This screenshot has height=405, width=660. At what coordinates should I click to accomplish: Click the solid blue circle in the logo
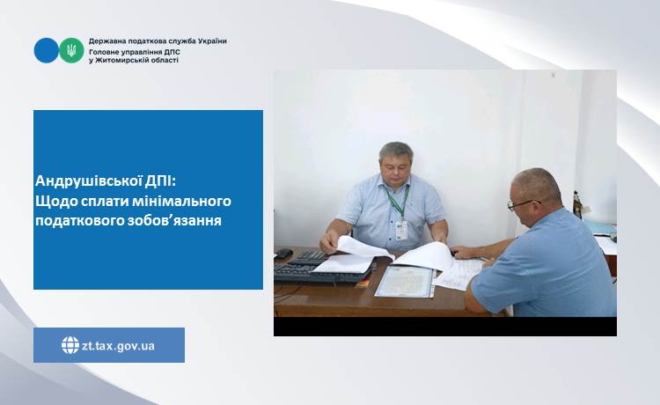tap(47, 50)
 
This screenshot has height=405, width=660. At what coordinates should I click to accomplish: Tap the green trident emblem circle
tap(71, 50)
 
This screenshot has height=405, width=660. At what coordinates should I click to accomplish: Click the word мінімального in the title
tap(182, 201)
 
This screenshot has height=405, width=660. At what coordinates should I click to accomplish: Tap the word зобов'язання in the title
tap(174, 220)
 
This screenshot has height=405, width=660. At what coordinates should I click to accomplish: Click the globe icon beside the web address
tap(70, 345)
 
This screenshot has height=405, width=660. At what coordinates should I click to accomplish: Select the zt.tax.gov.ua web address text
tap(118, 346)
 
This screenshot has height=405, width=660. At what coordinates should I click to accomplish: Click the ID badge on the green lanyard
tap(401, 231)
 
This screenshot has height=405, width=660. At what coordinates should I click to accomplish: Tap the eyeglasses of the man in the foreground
tap(521, 204)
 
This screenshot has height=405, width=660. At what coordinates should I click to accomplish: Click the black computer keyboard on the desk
tap(320, 269)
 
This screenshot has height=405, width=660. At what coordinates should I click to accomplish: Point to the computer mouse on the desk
tap(284, 253)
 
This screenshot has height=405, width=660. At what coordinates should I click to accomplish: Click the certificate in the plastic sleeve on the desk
tap(406, 281)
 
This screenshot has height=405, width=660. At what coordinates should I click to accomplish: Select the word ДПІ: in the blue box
tap(158, 181)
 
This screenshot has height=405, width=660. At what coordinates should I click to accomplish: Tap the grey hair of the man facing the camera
tap(396, 151)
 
